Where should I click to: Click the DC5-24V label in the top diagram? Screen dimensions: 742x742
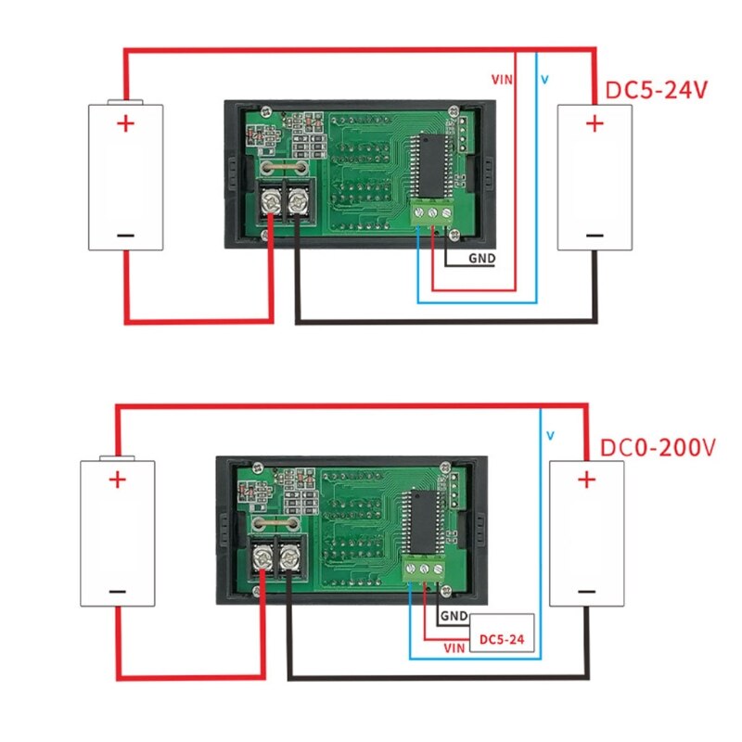click(x=657, y=91)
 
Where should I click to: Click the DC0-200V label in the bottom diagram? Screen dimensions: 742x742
click(x=658, y=448)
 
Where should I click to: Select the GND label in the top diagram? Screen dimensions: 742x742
click(x=481, y=259)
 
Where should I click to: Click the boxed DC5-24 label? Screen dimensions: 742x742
click(x=502, y=638)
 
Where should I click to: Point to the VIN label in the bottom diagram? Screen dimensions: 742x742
click(x=454, y=646)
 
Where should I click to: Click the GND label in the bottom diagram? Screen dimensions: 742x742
click(x=454, y=616)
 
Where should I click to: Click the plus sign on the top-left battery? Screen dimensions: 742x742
click(x=125, y=124)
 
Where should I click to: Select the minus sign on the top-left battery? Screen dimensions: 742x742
click(x=125, y=235)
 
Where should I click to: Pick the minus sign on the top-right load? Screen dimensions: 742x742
click(x=594, y=235)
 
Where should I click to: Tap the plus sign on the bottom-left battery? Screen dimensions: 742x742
click(x=117, y=480)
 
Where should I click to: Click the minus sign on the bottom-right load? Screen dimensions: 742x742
click(x=585, y=592)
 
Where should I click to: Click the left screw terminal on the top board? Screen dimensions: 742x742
click(x=274, y=198)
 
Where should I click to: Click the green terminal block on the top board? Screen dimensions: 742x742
click(x=433, y=212)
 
